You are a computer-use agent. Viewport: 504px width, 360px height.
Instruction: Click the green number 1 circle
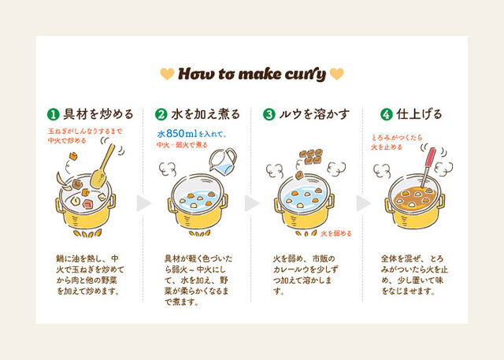[x=54, y=114]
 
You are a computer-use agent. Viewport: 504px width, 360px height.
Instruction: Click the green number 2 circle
[x=161, y=114]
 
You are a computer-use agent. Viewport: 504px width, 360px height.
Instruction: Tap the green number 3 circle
[x=269, y=114]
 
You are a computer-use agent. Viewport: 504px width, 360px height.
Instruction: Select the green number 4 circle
[x=387, y=114]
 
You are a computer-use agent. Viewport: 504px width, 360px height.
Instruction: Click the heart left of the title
[x=167, y=74]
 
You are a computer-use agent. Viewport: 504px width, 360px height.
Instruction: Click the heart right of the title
[x=336, y=74]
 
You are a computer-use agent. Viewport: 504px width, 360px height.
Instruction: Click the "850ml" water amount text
[x=182, y=133]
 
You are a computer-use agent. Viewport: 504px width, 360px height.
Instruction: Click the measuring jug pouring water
[x=223, y=161]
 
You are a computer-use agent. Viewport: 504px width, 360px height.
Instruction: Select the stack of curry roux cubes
[x=310, y=157]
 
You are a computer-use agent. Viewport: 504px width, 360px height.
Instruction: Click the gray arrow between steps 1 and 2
[x=143, y=203]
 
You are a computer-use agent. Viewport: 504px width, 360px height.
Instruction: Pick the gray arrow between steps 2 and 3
[x=252, y=203]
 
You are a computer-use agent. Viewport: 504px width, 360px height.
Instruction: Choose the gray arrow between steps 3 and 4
[x=364, y=203]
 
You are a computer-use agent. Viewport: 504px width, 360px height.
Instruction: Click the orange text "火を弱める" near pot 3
[x=336, y=233]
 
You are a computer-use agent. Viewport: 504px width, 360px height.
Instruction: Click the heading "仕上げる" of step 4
[x=419, y=114]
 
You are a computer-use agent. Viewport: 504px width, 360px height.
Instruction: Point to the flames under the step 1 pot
[x=87, y=233]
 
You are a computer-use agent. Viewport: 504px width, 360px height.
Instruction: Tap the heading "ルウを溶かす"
[x=314, y=114]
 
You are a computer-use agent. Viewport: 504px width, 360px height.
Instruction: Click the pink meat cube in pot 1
[x=87, y=203]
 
